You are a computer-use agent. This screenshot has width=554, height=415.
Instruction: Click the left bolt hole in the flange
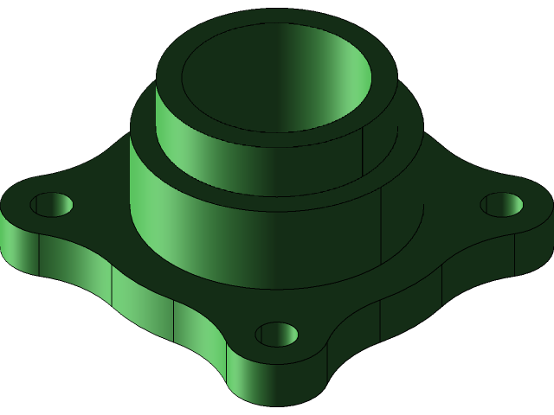click(x=51, y=205)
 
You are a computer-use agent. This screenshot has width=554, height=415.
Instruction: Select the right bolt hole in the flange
click(x=502, y=205)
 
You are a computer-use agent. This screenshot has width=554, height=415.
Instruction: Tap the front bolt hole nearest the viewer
click(x=277, y=334)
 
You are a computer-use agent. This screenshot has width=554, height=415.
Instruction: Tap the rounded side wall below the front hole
click(x=277, y=385)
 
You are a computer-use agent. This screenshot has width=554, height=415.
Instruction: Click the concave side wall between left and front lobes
click(x=143, y=298)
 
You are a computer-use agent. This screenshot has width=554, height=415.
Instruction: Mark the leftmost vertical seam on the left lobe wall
click(x=40, y=255)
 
